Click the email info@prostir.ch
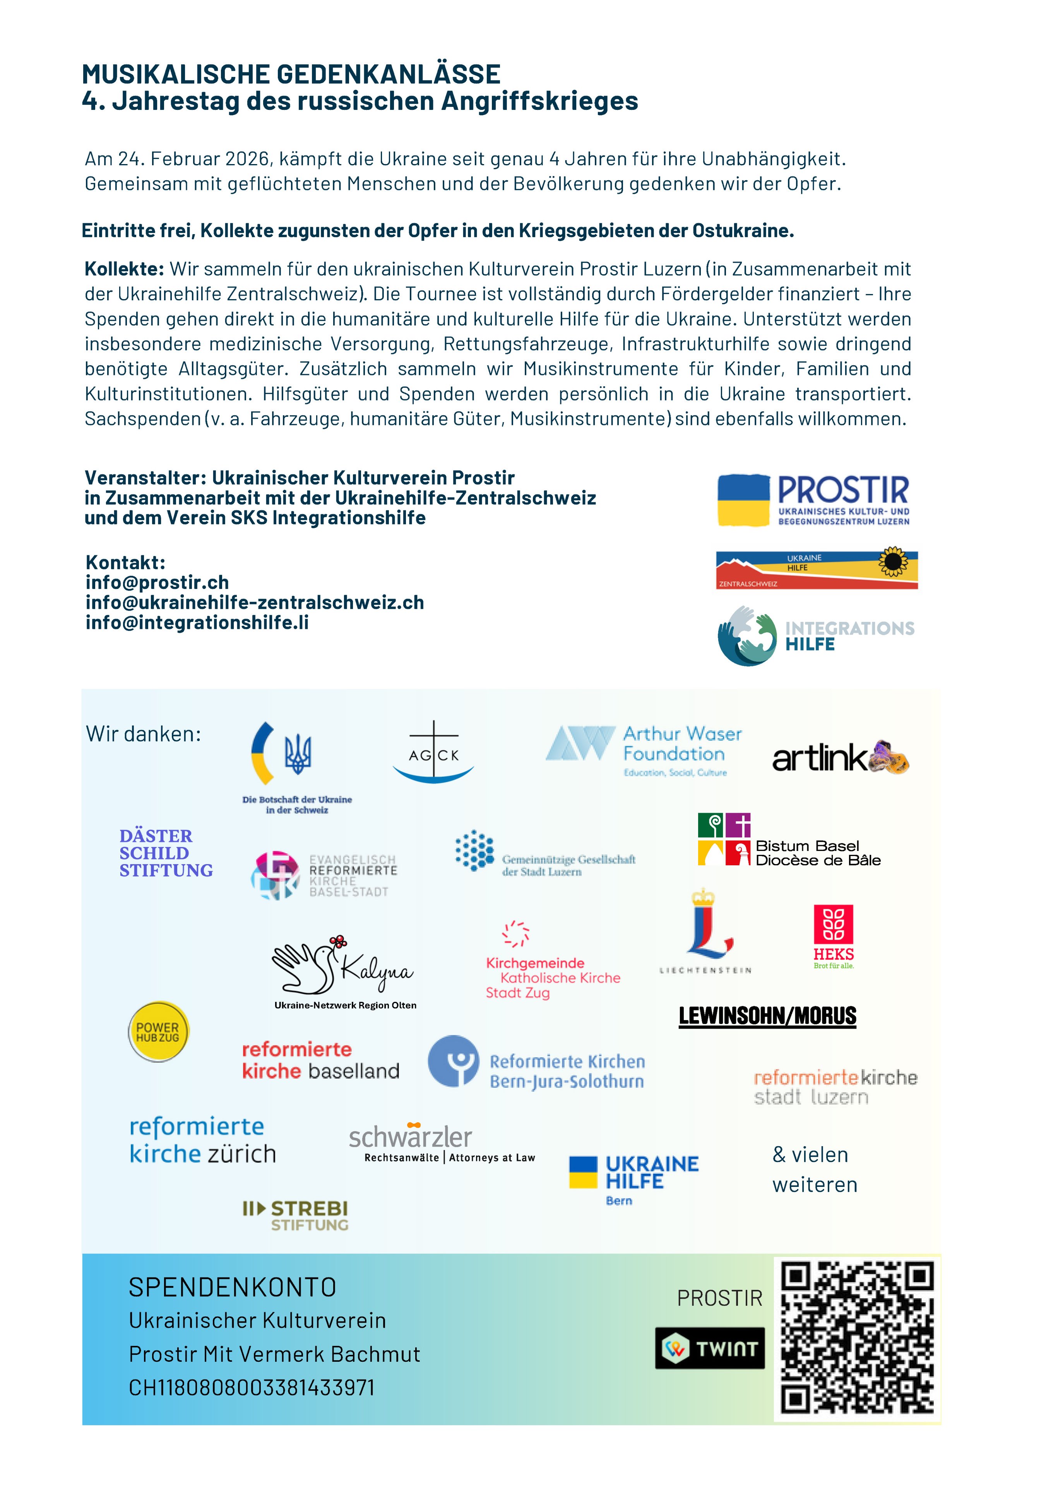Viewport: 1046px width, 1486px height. click(157, 582)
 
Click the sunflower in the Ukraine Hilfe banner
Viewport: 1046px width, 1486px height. click(893, 562)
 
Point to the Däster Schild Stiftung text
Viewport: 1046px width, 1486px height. click(166, 853)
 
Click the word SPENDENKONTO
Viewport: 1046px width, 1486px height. click(232, 1287)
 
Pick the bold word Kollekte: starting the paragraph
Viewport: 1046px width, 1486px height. click(124, 269)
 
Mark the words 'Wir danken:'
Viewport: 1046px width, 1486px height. click(144, 734)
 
